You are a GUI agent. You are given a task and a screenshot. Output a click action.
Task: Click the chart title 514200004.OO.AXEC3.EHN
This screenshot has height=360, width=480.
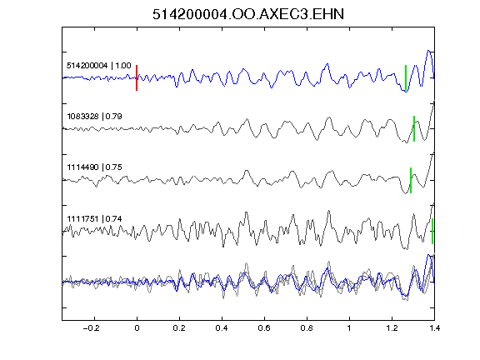click(248, 14)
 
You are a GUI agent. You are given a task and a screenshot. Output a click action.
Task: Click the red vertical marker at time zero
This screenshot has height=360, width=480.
click(137, 77)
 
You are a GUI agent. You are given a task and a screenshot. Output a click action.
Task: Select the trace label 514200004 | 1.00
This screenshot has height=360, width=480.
click(99, 66)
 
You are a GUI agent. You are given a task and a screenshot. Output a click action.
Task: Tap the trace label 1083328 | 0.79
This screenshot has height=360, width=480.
click(95, 117)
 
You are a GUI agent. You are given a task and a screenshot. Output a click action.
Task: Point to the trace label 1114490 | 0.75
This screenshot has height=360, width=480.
click(95, 167)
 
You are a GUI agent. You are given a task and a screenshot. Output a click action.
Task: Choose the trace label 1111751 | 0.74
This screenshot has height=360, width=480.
click(95, 219)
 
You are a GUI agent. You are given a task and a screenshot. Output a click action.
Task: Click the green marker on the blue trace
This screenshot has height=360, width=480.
click(406, 78)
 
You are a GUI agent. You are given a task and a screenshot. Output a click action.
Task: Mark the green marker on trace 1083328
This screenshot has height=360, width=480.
click(414, 128)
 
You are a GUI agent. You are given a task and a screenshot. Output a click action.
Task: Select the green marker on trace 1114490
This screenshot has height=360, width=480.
click(411, 180)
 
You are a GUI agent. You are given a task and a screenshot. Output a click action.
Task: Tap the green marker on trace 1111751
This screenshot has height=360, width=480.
click(432, 231)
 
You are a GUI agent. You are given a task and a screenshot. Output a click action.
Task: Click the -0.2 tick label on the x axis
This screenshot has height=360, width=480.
click(91, 328)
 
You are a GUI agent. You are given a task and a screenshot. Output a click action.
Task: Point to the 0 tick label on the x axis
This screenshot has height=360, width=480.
click(137, 328)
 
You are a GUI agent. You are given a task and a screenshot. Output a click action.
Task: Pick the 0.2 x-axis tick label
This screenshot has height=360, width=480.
click(179, 328)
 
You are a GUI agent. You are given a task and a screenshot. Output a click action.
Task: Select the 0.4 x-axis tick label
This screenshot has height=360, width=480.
click(222, 328)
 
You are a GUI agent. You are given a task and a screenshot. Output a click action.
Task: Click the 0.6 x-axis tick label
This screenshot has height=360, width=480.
click(264, 328)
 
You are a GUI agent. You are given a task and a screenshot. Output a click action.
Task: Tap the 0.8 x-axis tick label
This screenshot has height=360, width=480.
click(307, 328)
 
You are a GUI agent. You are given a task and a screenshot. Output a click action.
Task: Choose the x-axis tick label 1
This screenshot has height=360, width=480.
click(349, 328)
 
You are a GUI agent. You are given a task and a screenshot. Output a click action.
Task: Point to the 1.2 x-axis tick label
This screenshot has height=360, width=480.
click(392, 328)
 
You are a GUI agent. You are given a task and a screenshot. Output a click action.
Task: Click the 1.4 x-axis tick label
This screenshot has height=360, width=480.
click(434, 328)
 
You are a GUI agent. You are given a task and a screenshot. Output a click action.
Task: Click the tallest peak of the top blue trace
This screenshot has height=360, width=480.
click(428, 51)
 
